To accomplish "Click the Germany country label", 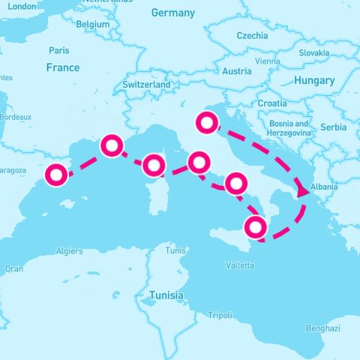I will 172,13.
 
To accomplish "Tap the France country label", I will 62,67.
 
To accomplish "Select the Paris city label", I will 58,50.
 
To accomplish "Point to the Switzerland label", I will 146,85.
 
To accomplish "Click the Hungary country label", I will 313,80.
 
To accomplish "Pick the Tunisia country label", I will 166,295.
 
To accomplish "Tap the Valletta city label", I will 240,265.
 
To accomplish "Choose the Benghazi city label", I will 322,328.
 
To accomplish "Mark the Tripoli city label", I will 220,315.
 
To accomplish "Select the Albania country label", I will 323,187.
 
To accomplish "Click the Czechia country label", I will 251,35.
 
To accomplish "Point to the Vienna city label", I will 267,61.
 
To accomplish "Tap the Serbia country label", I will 333,127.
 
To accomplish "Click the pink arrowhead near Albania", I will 303,192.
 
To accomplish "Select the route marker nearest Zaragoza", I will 56,175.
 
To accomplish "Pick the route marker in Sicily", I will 256,227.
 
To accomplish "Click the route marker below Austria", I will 205,121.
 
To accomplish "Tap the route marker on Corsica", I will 154,166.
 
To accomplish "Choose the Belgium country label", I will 93,24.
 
